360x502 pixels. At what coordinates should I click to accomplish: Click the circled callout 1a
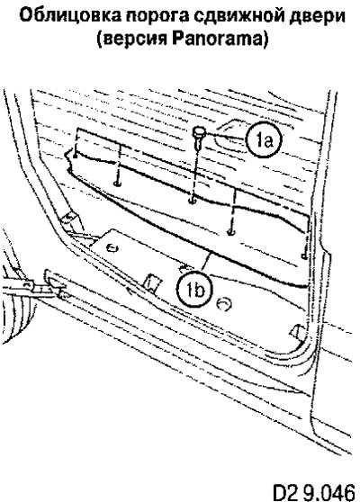[x=264, y=139]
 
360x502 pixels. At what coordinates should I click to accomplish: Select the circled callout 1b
[x=195, y=291]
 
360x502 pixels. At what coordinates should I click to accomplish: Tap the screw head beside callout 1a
[x=199, y=131]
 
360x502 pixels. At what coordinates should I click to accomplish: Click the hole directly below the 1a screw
[x=193, y=201]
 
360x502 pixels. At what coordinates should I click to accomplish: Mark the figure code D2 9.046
[x=313, y=492]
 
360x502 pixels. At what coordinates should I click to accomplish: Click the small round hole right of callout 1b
[x=224, y=303]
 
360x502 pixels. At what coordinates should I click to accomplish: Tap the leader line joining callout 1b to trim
[x=205, y=262]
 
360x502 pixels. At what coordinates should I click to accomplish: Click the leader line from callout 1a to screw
[x=226, y=136]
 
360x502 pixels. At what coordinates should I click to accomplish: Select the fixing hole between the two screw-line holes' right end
[x=230, y=231]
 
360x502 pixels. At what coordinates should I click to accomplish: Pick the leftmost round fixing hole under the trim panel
[x=117, y=184]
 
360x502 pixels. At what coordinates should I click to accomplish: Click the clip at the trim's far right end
[x=304, y=256]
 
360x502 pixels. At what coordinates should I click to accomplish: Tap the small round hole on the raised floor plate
[x=112, y=247]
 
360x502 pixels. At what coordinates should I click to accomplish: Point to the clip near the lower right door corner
[x=298, y=331]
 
